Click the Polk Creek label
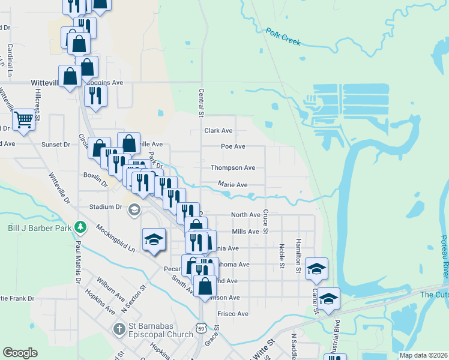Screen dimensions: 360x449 click(x=283, y=36)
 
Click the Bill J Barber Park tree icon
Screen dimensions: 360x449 click(x=80, y=227)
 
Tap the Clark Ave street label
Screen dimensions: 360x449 click(x=218, y=130)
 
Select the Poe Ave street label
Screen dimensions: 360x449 click(x=233, y=146)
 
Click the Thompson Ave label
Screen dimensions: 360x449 click(x=233, y=168)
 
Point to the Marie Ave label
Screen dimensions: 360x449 click(x=233, y=185)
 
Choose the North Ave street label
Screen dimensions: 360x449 click(x=246, y=214)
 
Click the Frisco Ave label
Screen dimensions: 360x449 click(x=235, y=314)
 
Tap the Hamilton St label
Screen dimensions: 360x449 click(x=298, y=256)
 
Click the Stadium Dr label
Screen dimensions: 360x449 click(x=106, y=207)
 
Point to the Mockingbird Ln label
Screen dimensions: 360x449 click(x=114, y=237)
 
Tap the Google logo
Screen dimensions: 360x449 click(x=20, y=353)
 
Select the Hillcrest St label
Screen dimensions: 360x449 click(x=37, y=105)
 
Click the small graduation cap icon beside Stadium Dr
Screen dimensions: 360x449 click(x=135, y=209)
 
